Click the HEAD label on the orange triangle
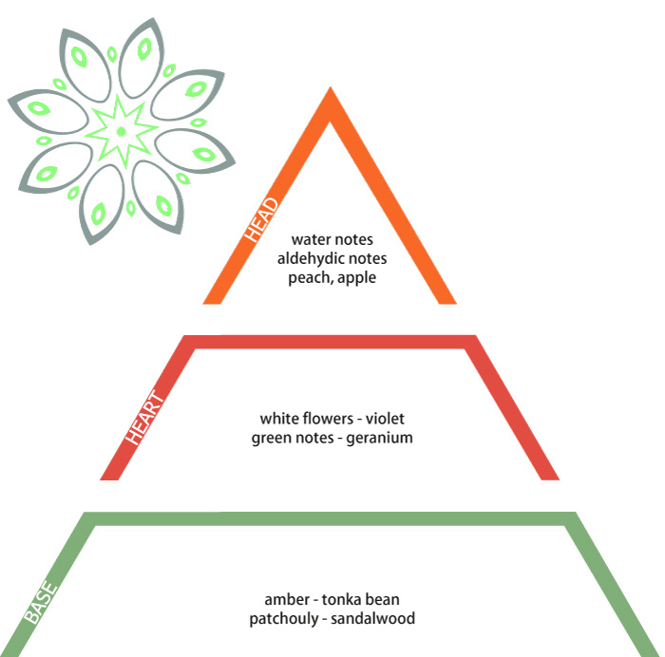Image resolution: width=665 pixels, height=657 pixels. tap(261, 219)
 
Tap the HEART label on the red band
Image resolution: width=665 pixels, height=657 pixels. tap(144, 417)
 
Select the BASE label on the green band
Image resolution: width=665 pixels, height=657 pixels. tap(40, 602)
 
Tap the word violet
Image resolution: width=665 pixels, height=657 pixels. tap(385, 419)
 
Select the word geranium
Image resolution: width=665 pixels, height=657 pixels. tap(380, 439)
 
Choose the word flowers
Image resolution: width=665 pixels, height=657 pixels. tap(328, 419)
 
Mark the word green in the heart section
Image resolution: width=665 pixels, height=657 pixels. tap(271, 439)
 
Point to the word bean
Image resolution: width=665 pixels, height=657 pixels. tap(383, 600)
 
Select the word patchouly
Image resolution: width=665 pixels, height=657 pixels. tap(284, 619)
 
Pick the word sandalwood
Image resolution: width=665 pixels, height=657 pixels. tap(372, 618)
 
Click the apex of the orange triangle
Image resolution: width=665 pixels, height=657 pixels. tap(331, 87)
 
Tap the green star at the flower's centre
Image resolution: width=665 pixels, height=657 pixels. tap(122, 131)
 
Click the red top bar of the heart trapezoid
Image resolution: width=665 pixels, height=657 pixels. tap(330, 342)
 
